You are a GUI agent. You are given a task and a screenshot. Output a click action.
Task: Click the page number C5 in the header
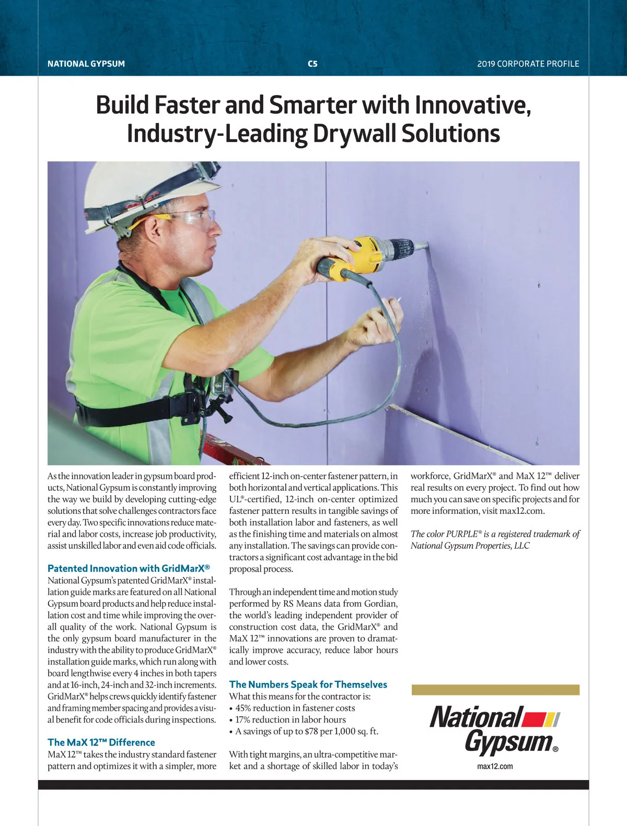click(312, 64)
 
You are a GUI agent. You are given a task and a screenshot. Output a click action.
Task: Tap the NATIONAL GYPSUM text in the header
click(86, 64)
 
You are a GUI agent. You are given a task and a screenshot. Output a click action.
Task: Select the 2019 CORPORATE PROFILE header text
click(528, 64)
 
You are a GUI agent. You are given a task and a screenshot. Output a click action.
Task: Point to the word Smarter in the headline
click(314, 105)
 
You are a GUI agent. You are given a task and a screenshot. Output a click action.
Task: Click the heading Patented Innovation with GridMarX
click(129, 569)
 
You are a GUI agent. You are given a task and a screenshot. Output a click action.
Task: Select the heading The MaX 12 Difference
click(101, 742)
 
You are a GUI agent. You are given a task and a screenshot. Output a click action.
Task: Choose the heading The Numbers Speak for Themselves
click(308, 685)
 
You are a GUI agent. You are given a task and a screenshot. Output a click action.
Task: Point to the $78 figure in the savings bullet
click(307, 731)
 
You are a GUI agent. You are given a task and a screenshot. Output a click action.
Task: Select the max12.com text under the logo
click(495, 766)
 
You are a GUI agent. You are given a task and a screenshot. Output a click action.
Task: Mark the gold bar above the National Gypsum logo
click(495, 690)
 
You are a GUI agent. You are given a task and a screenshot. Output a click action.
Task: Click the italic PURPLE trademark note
click(495, 540)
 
